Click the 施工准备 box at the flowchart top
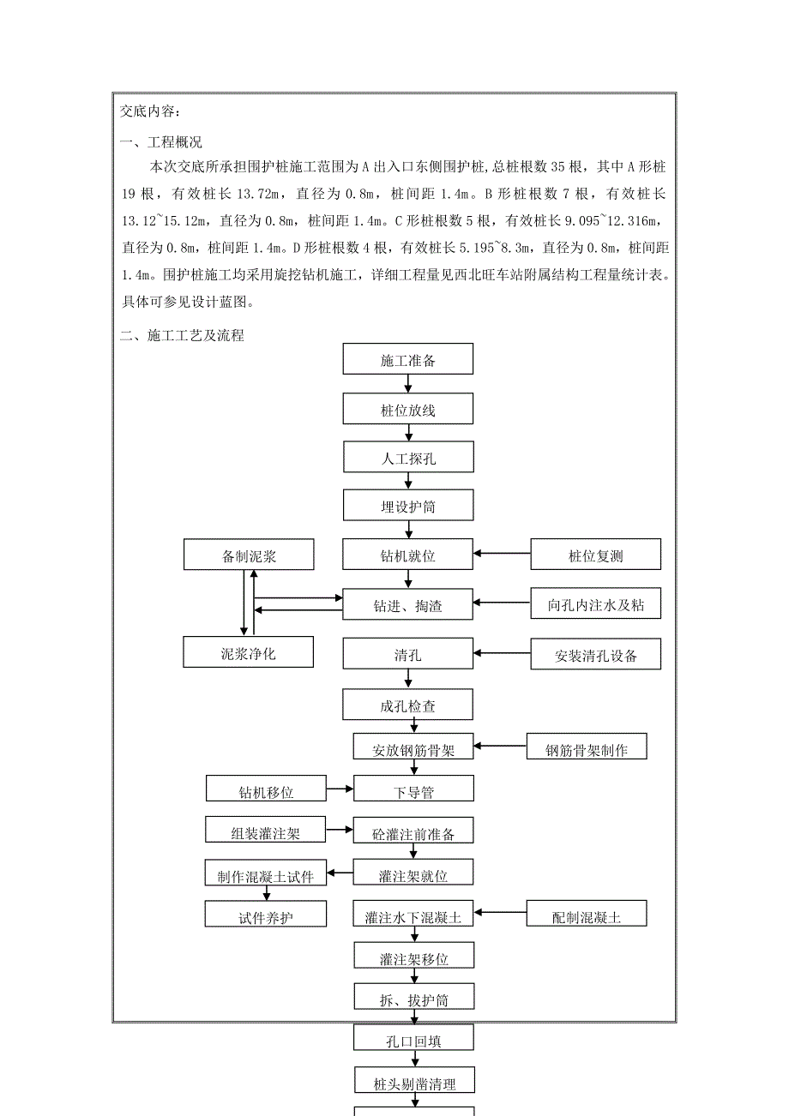pos(408,359)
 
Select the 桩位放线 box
pos(408,409)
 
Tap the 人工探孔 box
pos(408,458)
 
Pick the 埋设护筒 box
pos(408,506)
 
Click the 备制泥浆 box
pos(249,555)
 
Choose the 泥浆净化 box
pos(249,652)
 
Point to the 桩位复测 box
pos(596,555)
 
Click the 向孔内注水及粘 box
pos(596,604)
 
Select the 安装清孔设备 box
pos(596,655)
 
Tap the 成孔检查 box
pos(408,705)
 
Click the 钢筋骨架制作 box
pos(587,748)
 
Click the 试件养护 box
pos(266,915)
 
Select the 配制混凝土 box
pos(587,915)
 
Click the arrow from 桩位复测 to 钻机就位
pos(502,555)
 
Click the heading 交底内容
pos(151,111)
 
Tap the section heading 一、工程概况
pos(161,142)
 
